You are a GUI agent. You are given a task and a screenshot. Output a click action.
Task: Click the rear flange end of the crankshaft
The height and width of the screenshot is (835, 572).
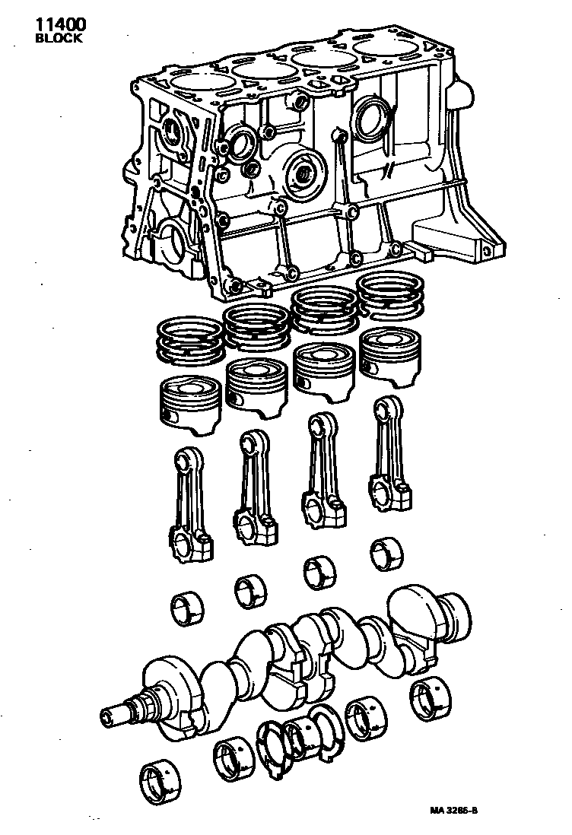coord(449,613)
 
